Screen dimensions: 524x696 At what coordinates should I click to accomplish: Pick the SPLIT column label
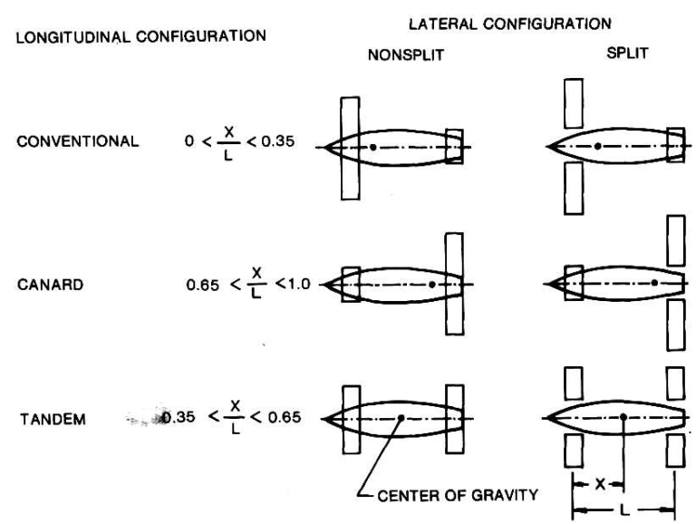[623, 54]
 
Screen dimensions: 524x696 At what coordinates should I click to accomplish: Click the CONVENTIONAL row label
[77, 141]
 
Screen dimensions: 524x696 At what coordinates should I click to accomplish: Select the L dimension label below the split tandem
[622, 507]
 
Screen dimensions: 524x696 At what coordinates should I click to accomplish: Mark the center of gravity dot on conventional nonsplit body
[373, 145]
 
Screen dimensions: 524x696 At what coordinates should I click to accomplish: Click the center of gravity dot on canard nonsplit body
[432, 284]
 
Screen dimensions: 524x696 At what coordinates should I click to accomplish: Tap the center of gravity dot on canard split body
[654, 283]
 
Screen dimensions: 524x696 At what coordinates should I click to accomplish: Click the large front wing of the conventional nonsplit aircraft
[352, 145]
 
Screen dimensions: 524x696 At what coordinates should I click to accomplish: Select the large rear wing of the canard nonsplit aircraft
[454, 284]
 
